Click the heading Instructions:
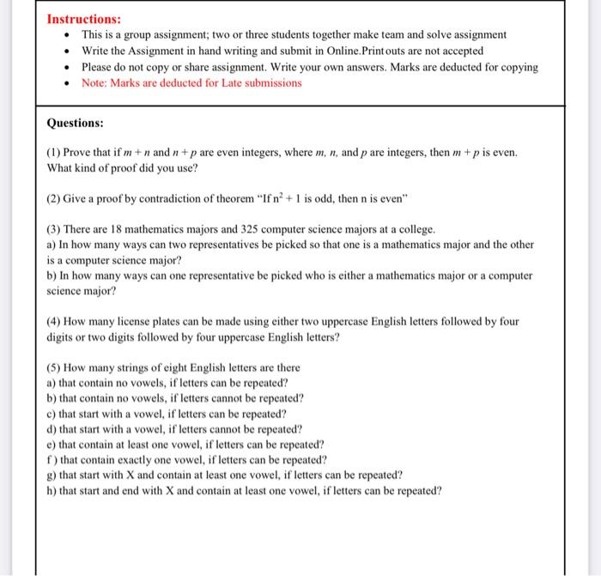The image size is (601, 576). [83, 19]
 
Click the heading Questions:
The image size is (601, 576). [76, 123]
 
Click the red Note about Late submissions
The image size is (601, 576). [191, 83]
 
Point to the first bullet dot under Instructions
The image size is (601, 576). [68, 35]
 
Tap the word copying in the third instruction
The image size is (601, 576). [519, 67]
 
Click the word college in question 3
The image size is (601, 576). [416, 229]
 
